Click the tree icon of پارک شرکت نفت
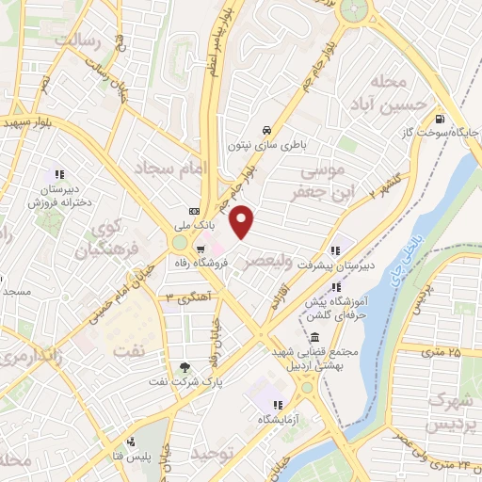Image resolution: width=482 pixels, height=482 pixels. click(185, 368)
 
